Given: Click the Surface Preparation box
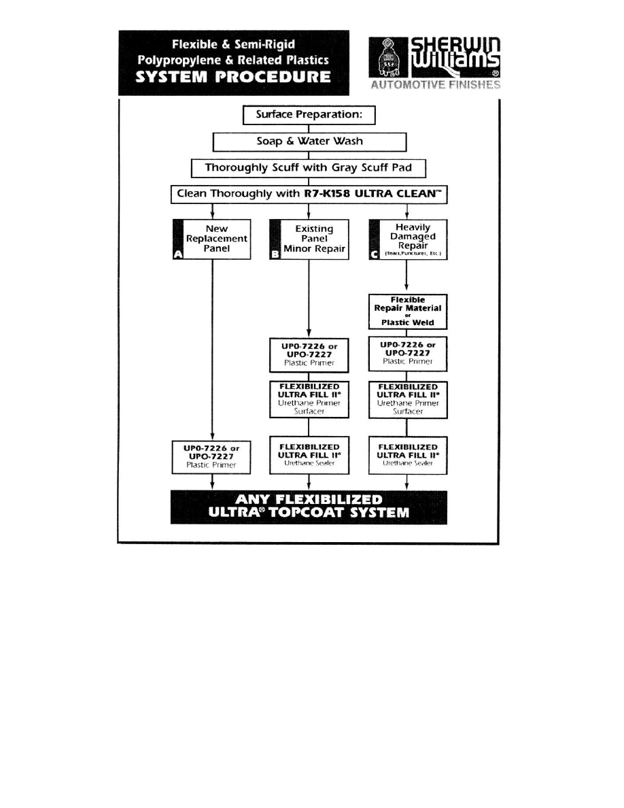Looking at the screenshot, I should [309, 116].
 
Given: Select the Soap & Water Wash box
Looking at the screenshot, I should [309, 141].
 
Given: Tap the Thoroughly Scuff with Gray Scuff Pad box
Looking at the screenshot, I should [309, 167].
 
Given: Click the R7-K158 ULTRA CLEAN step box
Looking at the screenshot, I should [309, 195].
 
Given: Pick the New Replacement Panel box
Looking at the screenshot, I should [212, 239].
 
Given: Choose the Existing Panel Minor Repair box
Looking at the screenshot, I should [309, 239].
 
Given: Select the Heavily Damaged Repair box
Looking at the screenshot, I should [406, 239].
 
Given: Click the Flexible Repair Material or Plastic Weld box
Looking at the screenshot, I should [406, 312].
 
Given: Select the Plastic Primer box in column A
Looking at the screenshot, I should [212, 456].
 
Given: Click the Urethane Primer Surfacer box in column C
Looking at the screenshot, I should [406, 399].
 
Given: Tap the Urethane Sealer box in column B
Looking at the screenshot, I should [309, 454].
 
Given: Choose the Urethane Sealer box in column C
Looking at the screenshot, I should [406, 454].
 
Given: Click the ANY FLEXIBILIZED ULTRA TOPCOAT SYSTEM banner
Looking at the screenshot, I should [309, 506].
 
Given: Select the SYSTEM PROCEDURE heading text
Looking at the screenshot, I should [234, 77].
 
